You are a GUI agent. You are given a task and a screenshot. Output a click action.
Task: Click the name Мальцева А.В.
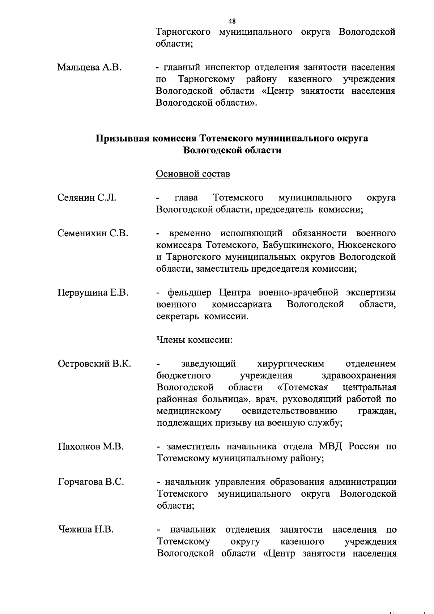point(89,67)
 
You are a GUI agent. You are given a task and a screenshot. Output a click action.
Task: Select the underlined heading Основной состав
point(193,174)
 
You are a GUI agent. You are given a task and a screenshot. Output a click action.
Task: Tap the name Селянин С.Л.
point(87,198)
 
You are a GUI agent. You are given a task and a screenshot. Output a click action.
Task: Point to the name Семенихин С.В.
point(93,233)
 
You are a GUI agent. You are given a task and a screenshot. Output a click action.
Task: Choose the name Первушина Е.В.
point(93,292)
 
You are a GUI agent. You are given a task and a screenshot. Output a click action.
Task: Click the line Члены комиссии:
point(194,340)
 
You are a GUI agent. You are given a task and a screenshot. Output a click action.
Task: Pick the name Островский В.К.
point(94,364)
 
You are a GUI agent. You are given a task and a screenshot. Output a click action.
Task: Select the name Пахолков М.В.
point(91,446)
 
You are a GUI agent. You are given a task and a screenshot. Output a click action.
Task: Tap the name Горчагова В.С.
point(91,482)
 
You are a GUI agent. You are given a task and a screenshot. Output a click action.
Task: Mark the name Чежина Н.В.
point(86,530)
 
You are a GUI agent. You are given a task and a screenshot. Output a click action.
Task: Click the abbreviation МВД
point(330,446)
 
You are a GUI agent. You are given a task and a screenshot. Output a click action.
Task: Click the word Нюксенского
point(367,245)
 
